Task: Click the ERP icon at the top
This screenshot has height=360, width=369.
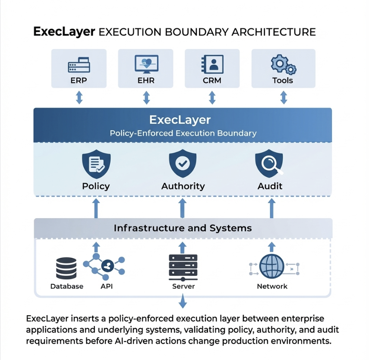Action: click(x=79, y=65)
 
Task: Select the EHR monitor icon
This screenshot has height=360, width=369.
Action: click(x=146, y=64)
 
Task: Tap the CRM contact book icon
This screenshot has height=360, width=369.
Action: click(x=212, y=64)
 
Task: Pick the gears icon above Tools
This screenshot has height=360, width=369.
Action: click(x=283, y=64)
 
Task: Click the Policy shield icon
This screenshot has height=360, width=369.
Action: click(x=96, y=164)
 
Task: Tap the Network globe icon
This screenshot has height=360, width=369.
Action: click(x=271, y=267)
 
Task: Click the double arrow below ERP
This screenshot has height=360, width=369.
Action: click(x=79, y=98)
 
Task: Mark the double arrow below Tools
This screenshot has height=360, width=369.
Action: click(x=284, y=98)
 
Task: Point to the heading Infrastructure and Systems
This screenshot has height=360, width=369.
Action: click(x=183, y=228)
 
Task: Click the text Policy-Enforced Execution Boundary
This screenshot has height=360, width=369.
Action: click(x=183, y=133)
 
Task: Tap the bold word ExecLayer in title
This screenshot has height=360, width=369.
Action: click(x=64, y=32)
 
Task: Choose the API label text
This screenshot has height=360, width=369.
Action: click(x=106, y=286)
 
